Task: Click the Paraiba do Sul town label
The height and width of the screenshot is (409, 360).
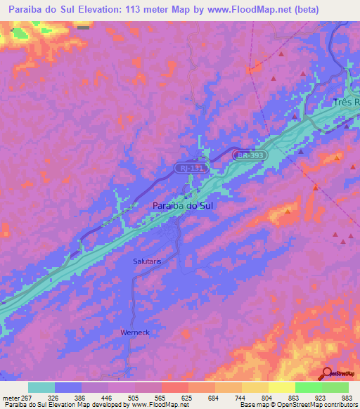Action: tap(182, 206)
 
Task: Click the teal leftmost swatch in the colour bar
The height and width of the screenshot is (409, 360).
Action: tap(41, 388)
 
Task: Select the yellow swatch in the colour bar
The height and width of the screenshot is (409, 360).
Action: tap(282, 388)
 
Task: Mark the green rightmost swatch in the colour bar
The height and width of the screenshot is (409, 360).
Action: tap(335, 388)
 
